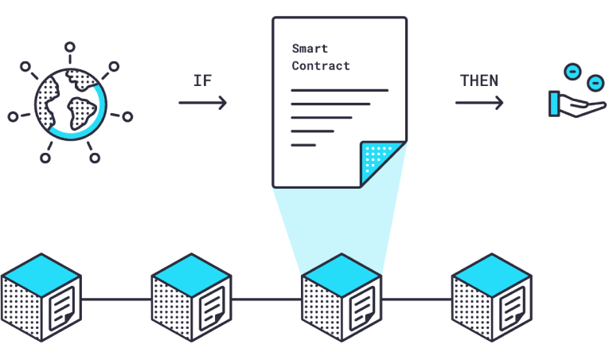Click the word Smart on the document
pyautogui.click(x=310, y=49)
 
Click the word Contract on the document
pyautogui.click(x=321, y=66)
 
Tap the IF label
pyautogui.click(x=203, y=81)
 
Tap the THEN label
pyautogui.click(x=479, y=81)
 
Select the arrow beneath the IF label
pyautogui.click(x=203, y=103)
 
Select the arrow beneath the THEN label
pyautogui.click(x=479, y=103)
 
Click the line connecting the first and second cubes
pyautogui.click(x=115, y=300)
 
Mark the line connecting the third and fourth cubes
pyautogui.click(x=416, y=300)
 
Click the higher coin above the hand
pyautogui.click(x=572, y=72)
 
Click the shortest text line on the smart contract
pyautogui.click(x=303, y=145)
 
